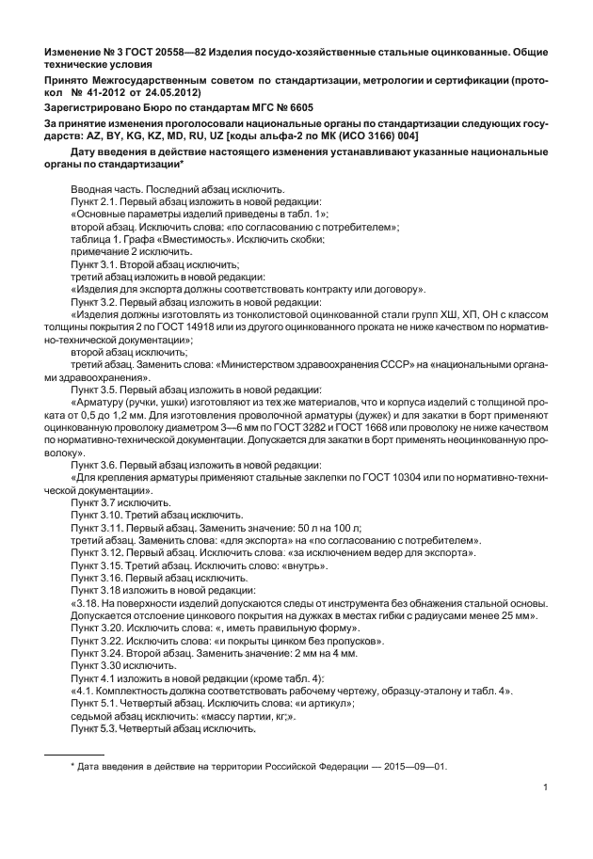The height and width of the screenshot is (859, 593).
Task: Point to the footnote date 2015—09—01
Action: tap(415, 766)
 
